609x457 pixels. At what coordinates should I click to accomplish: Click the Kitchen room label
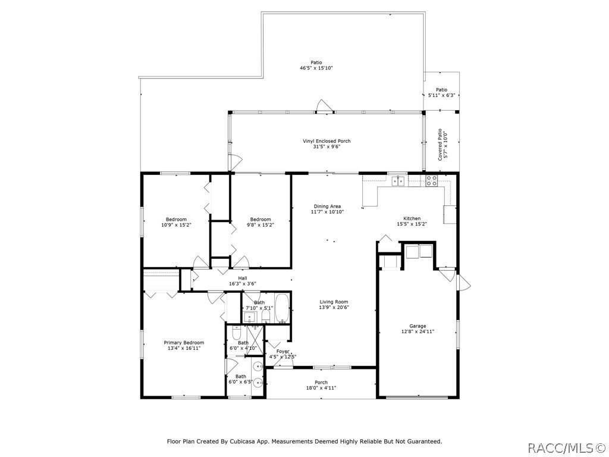[412, 218]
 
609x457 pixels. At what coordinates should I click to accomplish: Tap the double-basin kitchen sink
[398, 181]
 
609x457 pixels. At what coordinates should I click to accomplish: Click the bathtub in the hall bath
[282, 308]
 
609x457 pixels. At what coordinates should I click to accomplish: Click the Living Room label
[334, 302]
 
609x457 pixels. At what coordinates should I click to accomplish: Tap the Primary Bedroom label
[184, 343]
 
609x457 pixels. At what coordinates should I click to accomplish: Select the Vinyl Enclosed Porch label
[327, 141]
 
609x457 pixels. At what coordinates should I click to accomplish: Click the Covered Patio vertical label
[441, 145]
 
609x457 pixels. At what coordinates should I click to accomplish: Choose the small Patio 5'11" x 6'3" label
[441, 92]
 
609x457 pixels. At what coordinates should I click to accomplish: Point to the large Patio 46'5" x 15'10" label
[316, 65]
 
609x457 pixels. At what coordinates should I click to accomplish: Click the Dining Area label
[327, 206]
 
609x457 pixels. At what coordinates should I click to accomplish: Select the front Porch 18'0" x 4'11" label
[321, 385]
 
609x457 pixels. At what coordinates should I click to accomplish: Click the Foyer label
[282, 352]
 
